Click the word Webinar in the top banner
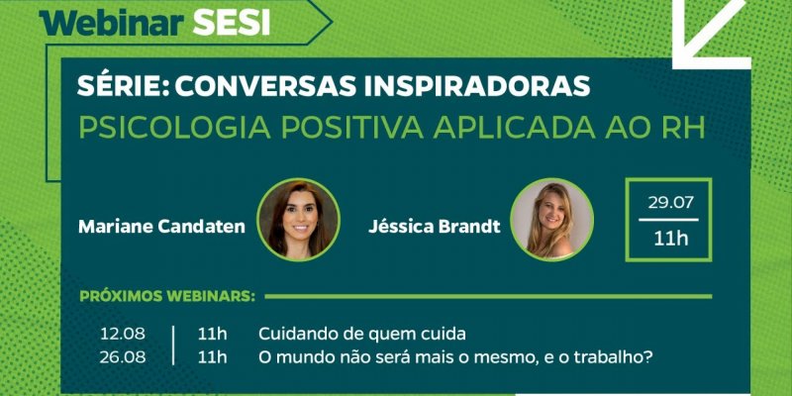[112, 23]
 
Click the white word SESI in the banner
[232, 23]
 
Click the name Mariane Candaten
[161, 227]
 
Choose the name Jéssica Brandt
[435, 227]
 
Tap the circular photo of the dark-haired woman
[299, 220]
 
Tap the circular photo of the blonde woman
[551, 220]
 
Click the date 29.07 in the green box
[671, 203]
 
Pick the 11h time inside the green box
[671, 239]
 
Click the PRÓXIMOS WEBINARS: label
[167, 296]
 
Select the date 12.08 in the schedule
[122, 334]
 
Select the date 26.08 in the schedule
[122, 357]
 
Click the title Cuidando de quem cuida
[362, 334]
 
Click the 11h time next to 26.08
[212, 357]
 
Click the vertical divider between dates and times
[172, 346]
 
